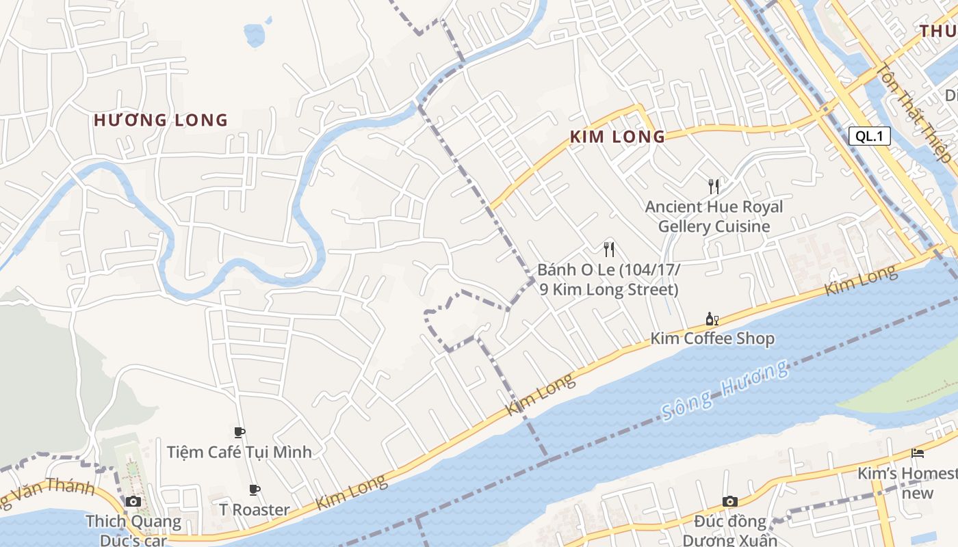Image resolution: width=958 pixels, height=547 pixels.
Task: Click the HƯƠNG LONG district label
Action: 160,120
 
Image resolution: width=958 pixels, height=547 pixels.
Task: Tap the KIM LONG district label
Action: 617,136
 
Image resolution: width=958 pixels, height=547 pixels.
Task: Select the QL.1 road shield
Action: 870,135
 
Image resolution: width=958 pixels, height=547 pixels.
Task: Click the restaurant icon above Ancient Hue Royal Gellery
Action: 714,186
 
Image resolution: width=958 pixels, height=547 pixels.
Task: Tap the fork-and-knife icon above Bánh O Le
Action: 608,249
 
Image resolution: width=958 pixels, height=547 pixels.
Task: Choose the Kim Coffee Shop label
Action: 712,338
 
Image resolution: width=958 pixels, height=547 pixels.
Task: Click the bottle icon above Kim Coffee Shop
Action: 712,319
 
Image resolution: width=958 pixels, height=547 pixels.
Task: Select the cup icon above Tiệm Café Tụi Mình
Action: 239,432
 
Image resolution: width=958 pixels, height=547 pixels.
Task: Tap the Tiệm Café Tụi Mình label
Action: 239,452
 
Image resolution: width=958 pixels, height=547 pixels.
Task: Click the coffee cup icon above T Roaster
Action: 254,490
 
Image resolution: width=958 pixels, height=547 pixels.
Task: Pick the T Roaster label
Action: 254,509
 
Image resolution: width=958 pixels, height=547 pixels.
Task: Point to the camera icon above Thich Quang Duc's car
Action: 133,501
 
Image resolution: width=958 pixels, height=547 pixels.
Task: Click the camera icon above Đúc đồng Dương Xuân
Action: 729,501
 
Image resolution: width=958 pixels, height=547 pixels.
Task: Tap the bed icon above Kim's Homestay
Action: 917,453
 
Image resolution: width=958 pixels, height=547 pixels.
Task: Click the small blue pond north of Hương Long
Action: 254,34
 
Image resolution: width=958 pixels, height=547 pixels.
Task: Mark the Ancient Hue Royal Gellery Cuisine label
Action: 714,216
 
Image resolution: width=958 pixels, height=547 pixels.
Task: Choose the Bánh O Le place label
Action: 608,280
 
